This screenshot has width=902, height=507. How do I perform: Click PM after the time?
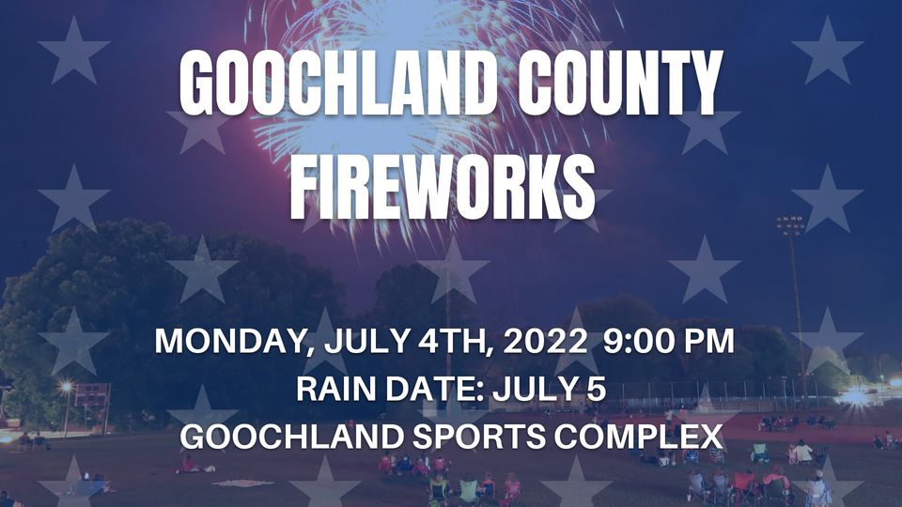708,342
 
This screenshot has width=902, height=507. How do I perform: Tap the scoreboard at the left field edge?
92,394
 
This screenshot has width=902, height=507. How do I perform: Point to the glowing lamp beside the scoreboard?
66,385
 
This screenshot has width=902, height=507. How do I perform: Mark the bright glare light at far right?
855,395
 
